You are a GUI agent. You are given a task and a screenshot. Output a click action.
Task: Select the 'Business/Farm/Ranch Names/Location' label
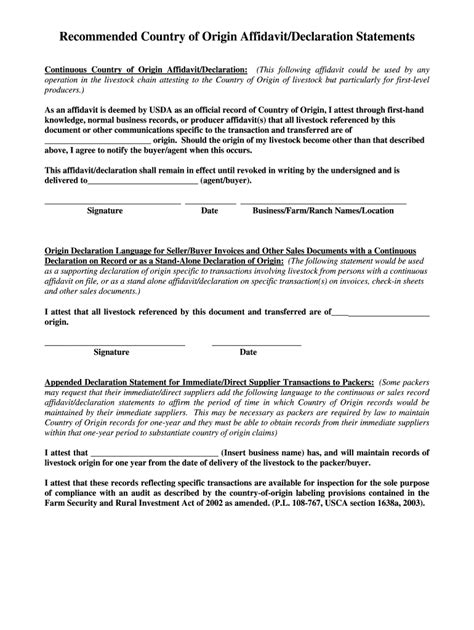click(x=323, y=212)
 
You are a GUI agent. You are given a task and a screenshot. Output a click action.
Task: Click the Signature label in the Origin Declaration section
click(x=111, y=352)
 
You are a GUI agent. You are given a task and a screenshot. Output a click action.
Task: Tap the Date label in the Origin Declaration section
click(x=248, y=352)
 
